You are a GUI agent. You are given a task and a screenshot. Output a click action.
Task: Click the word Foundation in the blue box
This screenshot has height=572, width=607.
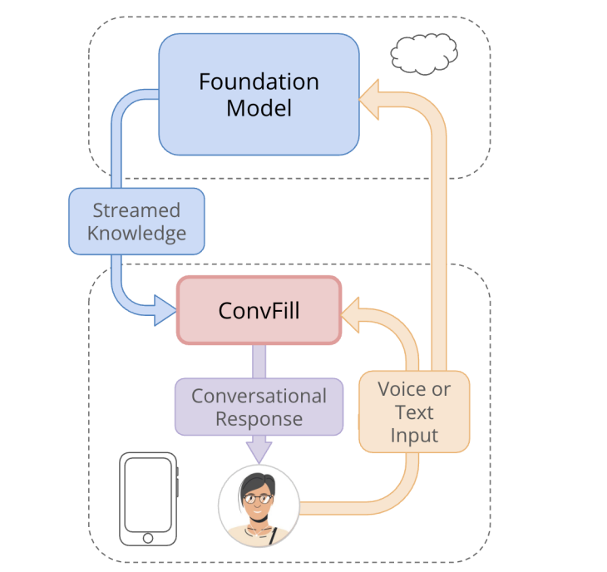click(259, 82)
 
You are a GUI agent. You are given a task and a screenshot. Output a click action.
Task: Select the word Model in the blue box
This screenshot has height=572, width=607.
click(259, 108)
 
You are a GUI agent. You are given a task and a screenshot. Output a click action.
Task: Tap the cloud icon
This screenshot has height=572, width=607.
click(424, 54)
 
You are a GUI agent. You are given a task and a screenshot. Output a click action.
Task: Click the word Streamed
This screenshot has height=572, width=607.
click(136, 210)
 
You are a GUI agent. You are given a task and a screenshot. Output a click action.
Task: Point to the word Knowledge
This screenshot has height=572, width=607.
click(136, 233)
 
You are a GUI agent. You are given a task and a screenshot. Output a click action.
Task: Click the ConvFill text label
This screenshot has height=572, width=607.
click(259, 311)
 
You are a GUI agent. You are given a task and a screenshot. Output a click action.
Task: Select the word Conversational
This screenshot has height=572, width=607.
click(259, 396)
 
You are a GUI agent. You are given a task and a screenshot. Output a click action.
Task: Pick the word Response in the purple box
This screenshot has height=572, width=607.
click(259, 418)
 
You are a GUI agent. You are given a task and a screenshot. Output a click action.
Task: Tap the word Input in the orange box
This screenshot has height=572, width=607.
click(414, 435)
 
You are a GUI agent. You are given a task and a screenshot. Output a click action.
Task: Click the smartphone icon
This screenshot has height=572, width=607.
click(149, 498)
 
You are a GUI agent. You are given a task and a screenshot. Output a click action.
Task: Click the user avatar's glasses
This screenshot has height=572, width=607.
click(259, 499)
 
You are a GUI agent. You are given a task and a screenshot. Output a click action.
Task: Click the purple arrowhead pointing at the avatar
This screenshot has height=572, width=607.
click(259, 450)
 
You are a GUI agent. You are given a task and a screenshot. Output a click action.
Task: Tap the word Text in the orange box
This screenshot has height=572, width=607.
click(414, 412)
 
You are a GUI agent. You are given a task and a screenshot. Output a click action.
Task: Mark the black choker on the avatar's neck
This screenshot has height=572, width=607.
click(260, 522)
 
